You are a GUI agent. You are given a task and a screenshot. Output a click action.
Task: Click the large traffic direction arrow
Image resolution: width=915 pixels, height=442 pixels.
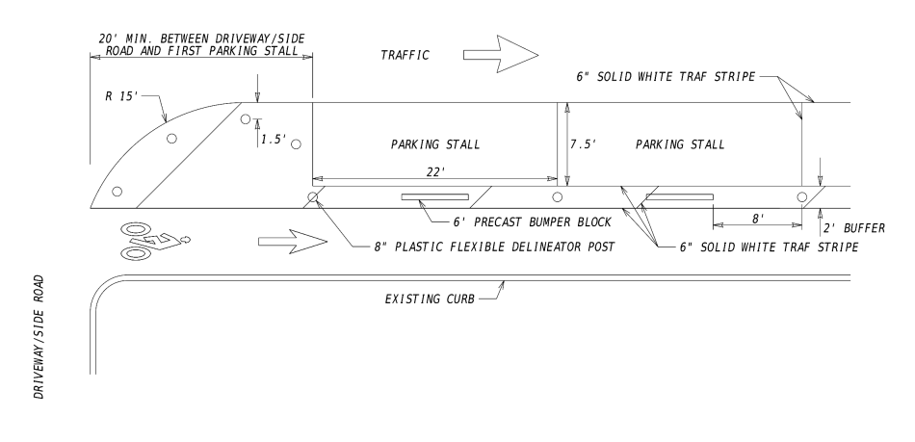click(x=501, y=54)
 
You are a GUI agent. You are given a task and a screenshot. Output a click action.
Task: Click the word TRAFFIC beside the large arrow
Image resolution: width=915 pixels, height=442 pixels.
click(x=405, y=56)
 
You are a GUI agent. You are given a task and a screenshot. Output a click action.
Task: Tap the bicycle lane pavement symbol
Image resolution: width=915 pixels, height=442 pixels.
click(x=155, y=241)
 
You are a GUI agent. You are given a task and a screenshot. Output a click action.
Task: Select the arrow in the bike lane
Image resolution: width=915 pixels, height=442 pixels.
click(x=293, y=242)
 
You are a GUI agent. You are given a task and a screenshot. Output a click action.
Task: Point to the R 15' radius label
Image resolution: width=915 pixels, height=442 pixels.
click(x=121, y=96)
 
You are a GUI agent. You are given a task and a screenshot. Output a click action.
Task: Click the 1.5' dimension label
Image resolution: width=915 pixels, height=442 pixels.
click(x=274, y=140)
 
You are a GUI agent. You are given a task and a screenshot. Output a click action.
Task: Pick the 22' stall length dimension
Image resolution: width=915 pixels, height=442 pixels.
click(x=435, y=171)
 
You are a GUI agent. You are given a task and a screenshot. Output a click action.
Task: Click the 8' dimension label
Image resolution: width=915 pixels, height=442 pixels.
click(x=757, y=219)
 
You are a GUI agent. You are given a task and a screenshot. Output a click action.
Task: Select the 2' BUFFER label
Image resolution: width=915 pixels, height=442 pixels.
click(x=854, y=228)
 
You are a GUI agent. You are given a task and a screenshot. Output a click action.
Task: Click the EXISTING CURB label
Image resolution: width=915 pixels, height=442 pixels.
click(x=430, y=299)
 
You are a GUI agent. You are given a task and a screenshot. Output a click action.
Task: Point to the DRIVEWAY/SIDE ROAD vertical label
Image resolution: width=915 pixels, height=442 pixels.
click(x=39, y=337)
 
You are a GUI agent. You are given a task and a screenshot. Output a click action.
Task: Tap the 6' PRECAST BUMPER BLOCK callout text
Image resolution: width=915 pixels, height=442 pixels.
click(x=533, y=222)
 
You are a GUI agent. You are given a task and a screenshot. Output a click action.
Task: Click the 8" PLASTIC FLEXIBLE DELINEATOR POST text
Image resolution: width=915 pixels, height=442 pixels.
click(x=494, y=247)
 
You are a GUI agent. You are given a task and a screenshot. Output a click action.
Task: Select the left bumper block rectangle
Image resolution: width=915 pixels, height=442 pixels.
click(x=434, y=197)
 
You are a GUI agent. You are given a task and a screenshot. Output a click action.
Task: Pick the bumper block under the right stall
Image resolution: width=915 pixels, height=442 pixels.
click(x=679, y=197)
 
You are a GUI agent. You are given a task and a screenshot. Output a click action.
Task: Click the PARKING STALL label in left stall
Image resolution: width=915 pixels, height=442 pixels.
click(x=435, y=144)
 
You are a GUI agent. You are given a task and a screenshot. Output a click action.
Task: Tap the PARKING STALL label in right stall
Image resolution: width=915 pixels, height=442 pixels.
click(x=680, y=144)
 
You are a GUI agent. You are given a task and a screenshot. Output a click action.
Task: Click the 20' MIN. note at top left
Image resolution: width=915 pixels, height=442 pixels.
click(x=201, y=45)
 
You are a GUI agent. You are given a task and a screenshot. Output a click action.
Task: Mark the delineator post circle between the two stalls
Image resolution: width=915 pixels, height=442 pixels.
click(x=558, y=197)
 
